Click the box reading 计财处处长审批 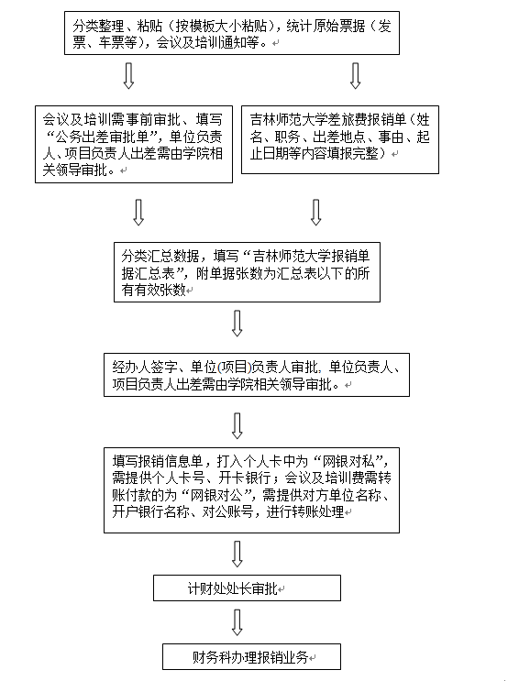click(247, 588)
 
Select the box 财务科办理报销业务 click(251, 656)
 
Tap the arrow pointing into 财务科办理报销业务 click(237, 622)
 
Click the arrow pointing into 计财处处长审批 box click(237, 554)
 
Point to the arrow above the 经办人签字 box click(237, 324)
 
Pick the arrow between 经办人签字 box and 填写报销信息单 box click(237, 425)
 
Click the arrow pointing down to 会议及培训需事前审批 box click(128, 76)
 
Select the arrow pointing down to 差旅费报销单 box click(356, 76)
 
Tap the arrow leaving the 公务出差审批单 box click(138, 213)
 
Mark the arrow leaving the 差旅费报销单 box click(316, 213)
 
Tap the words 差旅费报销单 click(367, 119)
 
